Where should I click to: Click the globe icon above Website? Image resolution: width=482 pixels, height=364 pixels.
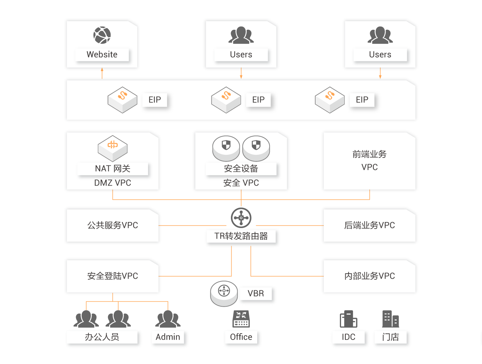(x=102, y=35)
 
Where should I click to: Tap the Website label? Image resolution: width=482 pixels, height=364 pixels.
(x=102, y=55)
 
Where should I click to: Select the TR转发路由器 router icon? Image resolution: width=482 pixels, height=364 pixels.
(x=241, y=218)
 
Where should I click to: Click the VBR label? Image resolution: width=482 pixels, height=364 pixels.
(x=256, y=294)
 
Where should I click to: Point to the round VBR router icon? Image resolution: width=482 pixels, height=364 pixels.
(x=224, y=293)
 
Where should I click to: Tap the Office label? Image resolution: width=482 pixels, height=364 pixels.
(x=241, y=337)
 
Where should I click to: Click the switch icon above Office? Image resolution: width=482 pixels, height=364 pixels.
(x=241, y=318)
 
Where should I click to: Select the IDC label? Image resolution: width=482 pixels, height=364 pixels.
(x=348, y=337)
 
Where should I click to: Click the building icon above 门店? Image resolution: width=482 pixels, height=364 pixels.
(x=390, y=319)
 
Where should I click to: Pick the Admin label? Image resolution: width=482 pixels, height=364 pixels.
(x=168, y=337)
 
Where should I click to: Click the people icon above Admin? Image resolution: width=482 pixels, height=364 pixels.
(x=168, y=319)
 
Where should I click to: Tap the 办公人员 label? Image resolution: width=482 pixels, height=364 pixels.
(x=102, y=337)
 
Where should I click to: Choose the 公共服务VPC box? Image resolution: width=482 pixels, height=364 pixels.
(x=113, y=225)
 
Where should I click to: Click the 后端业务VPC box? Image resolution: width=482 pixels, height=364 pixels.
(x=369, y=225)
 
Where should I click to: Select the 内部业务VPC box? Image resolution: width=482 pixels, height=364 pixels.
(x=369, y=276)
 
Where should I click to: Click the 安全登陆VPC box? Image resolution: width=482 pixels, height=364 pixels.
(x=113, y=276)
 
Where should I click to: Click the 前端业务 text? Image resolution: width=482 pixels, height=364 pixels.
(x=369, y=154)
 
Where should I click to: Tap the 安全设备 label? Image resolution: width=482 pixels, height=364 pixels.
(x=241, y=169)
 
